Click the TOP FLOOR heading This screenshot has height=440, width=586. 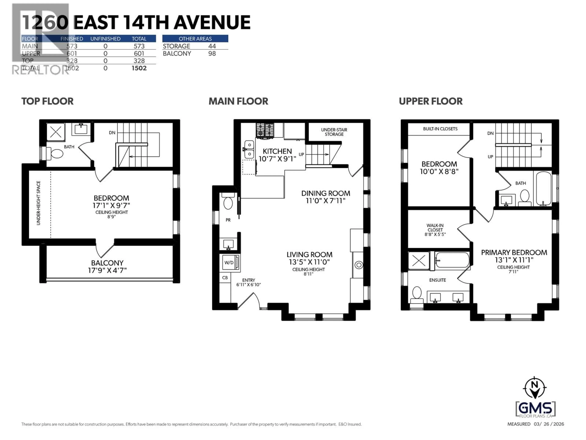pyautogui.click(x=47, y=101)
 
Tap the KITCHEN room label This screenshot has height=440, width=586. pyautogui.click(x=277, y=151)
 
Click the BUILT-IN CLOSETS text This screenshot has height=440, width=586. pyautogui.click(x=440, y=129)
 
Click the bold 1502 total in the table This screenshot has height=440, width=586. pyautogui.click(x=139, y=68)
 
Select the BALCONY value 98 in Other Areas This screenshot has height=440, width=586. pyautogui.click(x=212, y=54)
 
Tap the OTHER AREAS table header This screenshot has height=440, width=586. pyautogui.click(x=195, y=39)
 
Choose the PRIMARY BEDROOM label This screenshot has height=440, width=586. pyautogui.click(x=514, y=253)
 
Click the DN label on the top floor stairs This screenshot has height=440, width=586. pyautogui.click(x=112, y=133)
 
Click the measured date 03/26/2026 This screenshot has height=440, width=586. pyautogui.click(x=549, y=424)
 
